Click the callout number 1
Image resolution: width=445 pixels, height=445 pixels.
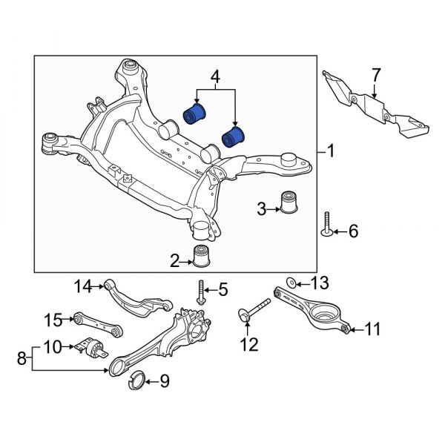[x=331, y=152]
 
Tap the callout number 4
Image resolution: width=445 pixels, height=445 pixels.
[x=215, y=76]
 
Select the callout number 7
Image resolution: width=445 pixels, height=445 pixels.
[x=376, y=76]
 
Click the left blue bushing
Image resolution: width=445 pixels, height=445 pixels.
[x=196, y=114]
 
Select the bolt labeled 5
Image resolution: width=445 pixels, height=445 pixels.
[x=202, y=293]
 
